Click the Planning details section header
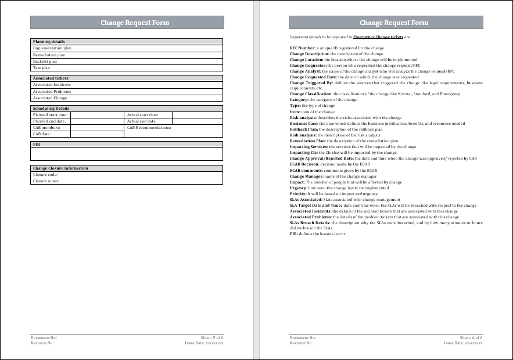tap(49, 42)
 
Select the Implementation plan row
tap(52, 48)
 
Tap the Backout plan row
tap(45, 61)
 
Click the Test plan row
tap(42, 67)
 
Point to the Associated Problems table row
tap(52, 92)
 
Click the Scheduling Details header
tap(51, 108)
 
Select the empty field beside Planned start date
tap(97, 115)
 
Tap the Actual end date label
tap(142, 121)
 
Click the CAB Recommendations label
tap(149, 128)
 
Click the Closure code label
tap(45, 175)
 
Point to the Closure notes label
tap(46, 181)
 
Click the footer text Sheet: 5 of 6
tap(211, 337)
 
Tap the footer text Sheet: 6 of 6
tap(471, 337)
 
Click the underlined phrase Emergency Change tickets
tap(378, 37)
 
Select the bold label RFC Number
tap(303, 48)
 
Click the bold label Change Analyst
tap(305, 71)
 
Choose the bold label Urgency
tap(297, 188)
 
